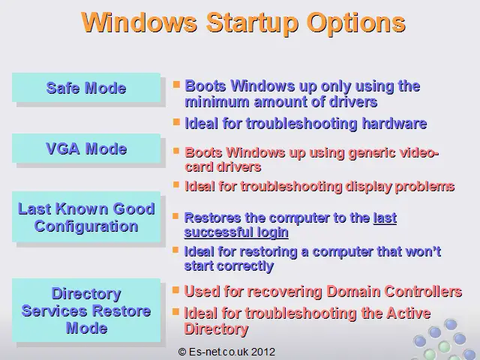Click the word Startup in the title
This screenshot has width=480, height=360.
(x=252, y=23)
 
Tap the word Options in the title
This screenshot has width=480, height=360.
(x=356, y=23)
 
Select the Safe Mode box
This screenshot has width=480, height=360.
(x=86, y=88)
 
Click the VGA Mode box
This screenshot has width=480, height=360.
(x=86, y=148)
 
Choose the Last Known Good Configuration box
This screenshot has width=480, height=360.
(x=86, y=217)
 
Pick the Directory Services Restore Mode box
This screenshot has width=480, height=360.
(x=86, y=310)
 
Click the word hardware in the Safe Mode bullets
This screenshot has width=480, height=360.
(x=394, y=123)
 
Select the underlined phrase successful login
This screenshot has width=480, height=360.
(x=236, y=232)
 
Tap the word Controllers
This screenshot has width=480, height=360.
(x=423, y=291)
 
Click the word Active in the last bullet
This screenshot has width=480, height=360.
(x=409, y=313)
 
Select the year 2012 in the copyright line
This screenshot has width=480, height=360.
(x=263, y=352)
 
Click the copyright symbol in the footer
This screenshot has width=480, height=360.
(x=182, y=352)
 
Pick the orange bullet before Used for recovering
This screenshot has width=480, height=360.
(x=175, y=289)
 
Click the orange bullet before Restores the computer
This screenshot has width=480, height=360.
(x=175, y=217)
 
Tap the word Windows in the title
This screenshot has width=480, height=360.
(x=139, y=22)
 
